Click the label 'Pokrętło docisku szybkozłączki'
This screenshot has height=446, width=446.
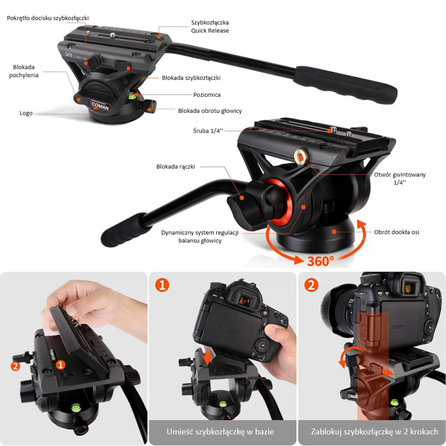click(48, 18)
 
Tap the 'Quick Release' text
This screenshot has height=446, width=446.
click(210, 31)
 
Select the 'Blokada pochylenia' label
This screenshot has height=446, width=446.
click(24, 71)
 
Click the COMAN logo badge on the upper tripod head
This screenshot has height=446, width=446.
click(100, 106)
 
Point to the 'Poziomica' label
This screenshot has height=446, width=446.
click(207, 95)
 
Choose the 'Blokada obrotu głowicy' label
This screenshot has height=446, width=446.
click(210, 111)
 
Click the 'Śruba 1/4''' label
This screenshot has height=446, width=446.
click(208, 131)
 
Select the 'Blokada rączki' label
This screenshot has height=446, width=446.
click(176, 166)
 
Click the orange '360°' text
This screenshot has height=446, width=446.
click(320, 261)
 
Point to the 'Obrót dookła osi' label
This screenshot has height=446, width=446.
click(396, 232)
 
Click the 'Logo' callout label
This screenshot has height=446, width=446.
click(26, 113)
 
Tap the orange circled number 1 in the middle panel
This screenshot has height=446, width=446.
click(162, 285)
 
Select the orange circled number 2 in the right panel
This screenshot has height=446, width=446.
click(311, 285)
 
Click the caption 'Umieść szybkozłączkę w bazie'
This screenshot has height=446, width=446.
click(221, 432)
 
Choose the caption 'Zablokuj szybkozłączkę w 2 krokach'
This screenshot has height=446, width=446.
click(374, 432)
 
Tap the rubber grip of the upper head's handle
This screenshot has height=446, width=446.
click(345, 85)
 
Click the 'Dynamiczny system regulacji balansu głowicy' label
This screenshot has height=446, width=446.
click(200, 236)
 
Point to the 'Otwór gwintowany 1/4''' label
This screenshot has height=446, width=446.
click(400, 178)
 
